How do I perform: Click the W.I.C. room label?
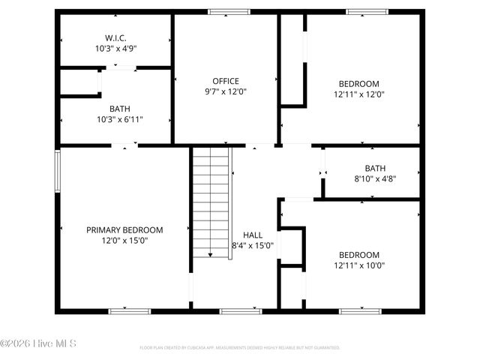(x=115, y=37)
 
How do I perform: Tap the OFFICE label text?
(x=225, y=81)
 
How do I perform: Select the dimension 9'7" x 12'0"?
(x=225, y=91)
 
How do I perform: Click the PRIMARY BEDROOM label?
(x=124, y=230)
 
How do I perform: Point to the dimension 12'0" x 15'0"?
(x=124, y=241)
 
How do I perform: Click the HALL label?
(x=253, y=235)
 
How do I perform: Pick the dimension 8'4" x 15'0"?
(x=253, y=245)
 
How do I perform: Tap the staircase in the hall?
(x=211, y=202)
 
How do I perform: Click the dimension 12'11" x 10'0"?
(x=358, y=265)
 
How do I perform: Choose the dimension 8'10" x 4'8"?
(x=375, y=179)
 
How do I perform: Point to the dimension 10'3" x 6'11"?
(x=119, y=119)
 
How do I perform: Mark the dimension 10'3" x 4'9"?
(x=115, y=48)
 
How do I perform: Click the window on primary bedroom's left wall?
(x=57, y=171)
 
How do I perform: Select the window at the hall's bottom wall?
(x=240, y=310)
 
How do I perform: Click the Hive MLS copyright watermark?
(x=38, y=344)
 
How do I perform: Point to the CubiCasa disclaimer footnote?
(x=240, y=348)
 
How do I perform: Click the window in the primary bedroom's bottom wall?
(x=129, y=310)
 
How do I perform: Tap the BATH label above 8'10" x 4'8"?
(x=375, y=169)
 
